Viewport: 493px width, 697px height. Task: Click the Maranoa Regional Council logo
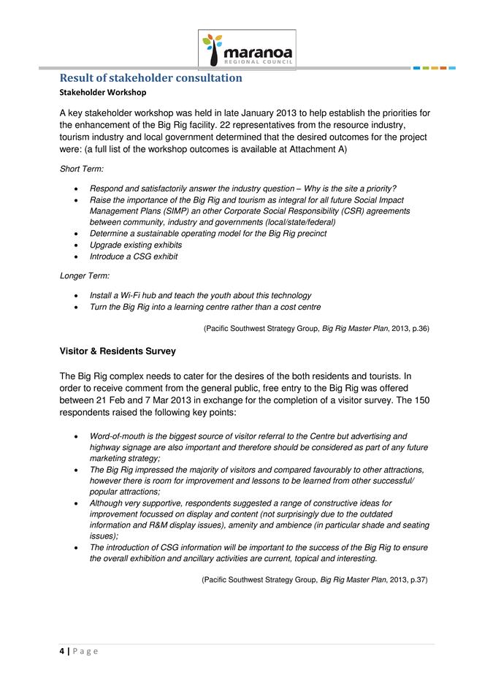(248, 49)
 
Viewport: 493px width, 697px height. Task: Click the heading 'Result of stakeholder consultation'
(150, 77)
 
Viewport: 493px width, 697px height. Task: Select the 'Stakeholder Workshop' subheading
(102, 93)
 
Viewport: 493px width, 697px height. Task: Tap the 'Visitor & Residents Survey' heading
(118, 351)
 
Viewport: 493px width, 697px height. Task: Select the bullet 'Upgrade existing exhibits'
(136, 245)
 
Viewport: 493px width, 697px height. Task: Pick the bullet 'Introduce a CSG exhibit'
(134, 256)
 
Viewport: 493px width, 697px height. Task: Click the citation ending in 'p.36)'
(316, 329)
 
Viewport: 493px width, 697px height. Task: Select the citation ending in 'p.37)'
(314, 579)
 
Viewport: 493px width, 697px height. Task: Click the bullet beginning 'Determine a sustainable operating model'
(208, 233)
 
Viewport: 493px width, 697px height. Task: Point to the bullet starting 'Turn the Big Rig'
(205, 307)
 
